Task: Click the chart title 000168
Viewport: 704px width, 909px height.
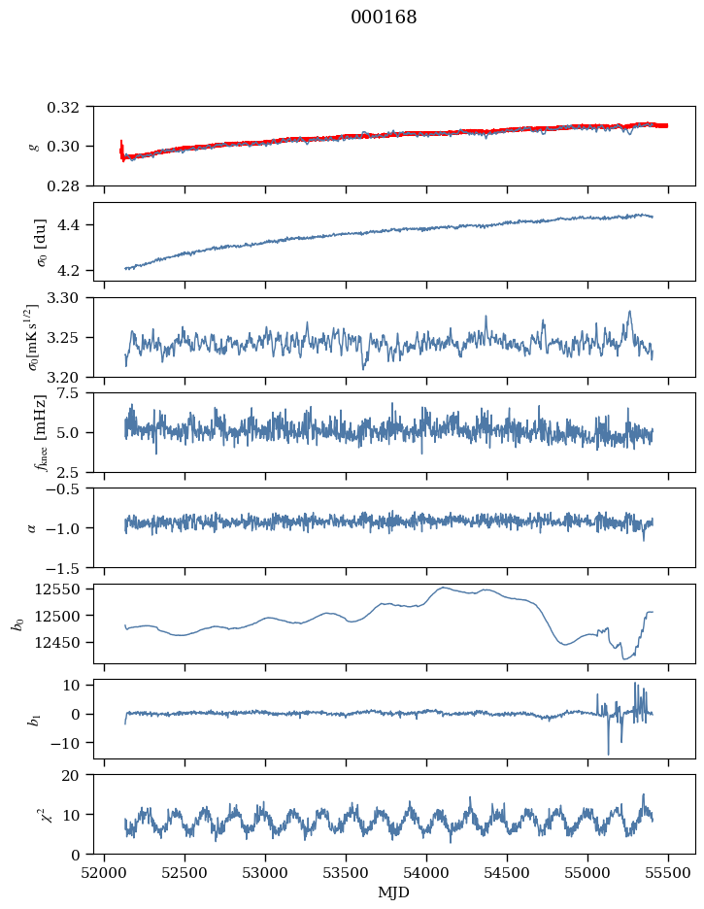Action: pos(384,17)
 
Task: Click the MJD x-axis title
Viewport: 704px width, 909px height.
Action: pos(394,892)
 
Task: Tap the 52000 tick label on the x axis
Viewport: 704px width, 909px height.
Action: pos(106,871)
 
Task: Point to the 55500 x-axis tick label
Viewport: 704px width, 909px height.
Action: pos(668,871)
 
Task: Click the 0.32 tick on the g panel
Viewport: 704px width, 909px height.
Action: pos(69,107)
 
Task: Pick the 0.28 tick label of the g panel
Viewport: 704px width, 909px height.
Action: pos(69,185)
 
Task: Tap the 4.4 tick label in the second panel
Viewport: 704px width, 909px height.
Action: pos(74,225)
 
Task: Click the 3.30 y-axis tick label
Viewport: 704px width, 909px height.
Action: pos(69,297)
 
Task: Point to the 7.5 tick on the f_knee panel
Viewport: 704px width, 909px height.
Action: pos(74,392)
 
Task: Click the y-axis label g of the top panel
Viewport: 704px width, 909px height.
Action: pos(35,146)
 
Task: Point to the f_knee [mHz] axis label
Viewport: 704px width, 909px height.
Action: pos(40,432)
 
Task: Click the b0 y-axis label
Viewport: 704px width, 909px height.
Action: pos(17,623)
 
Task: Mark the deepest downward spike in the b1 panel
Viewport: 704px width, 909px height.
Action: pos(609,754)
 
